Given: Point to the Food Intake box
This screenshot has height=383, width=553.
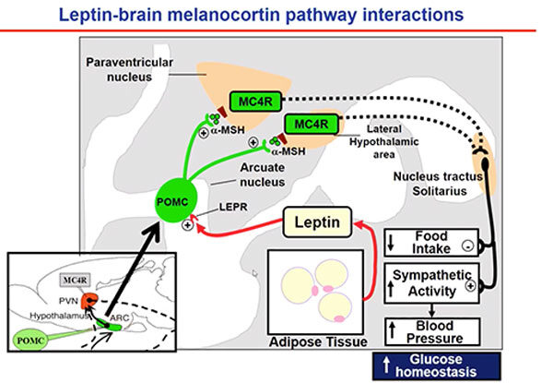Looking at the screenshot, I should pyautogui.click(x=429, y=243).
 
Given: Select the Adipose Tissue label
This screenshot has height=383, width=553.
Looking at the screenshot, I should pyautogui.click(x=316, y=351).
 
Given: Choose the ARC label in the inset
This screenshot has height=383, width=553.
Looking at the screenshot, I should pyautogui.click(x=121, y=318).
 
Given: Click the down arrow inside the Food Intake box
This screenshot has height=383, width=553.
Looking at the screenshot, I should pyautogui.click(x=392, y=244).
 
